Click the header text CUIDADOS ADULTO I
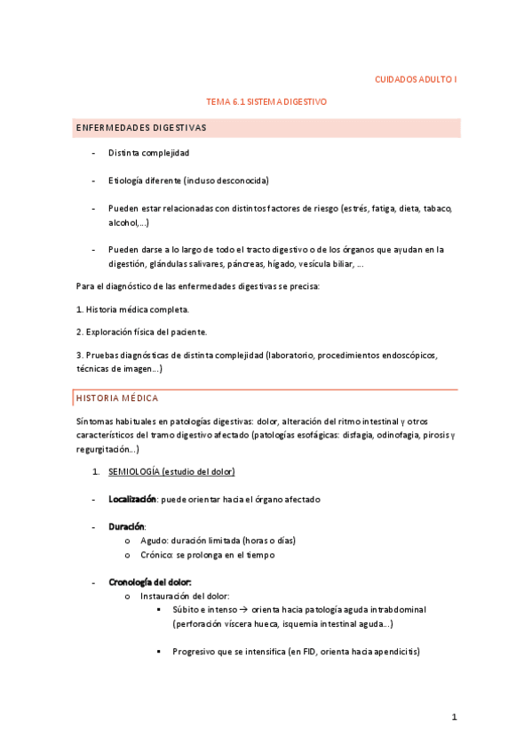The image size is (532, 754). tap(416, 80)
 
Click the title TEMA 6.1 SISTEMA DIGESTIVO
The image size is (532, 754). tap(266, 102)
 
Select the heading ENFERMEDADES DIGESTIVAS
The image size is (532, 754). tap(140, 128)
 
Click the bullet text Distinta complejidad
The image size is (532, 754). tap(149, 153)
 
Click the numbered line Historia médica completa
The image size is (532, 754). tap(132, 309)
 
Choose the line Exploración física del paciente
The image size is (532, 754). tap(140, 332)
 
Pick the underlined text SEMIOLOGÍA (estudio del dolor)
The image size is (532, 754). tap(171, 471)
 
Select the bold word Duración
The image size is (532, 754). tap(127, 527)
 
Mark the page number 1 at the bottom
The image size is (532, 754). tap(454, 717)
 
